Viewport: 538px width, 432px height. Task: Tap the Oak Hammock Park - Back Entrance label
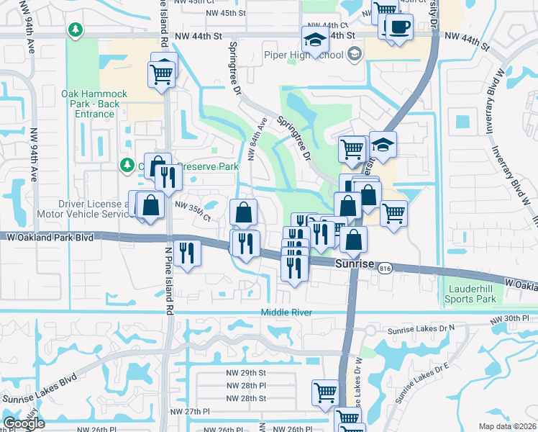(94, 104)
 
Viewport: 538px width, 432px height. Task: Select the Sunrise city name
(356, 264)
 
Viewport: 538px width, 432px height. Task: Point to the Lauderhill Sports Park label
(471, 294)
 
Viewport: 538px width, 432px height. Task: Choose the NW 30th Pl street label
(509, 318)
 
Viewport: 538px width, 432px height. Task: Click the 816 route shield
(386, 266)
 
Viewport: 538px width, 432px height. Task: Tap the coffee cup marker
(398, 27)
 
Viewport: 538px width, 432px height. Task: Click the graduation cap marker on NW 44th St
(314, 40)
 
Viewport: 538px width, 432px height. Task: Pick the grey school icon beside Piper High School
(354, 54)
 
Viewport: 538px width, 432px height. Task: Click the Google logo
(24, 423)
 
